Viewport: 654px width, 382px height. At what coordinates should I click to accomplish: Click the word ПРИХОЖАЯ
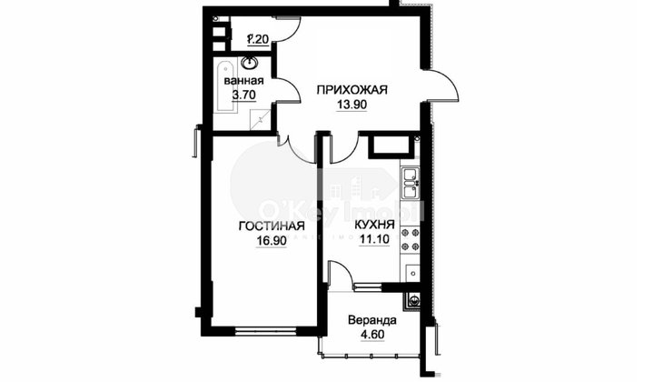click(x=352, y=89)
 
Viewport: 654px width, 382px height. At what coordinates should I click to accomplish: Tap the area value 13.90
click(x=352, y=106)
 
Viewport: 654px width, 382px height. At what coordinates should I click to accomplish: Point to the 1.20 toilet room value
click(x=258, y=40)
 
